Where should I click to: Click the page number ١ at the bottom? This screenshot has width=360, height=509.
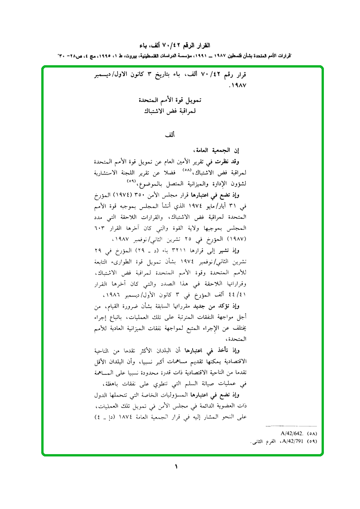177,467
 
